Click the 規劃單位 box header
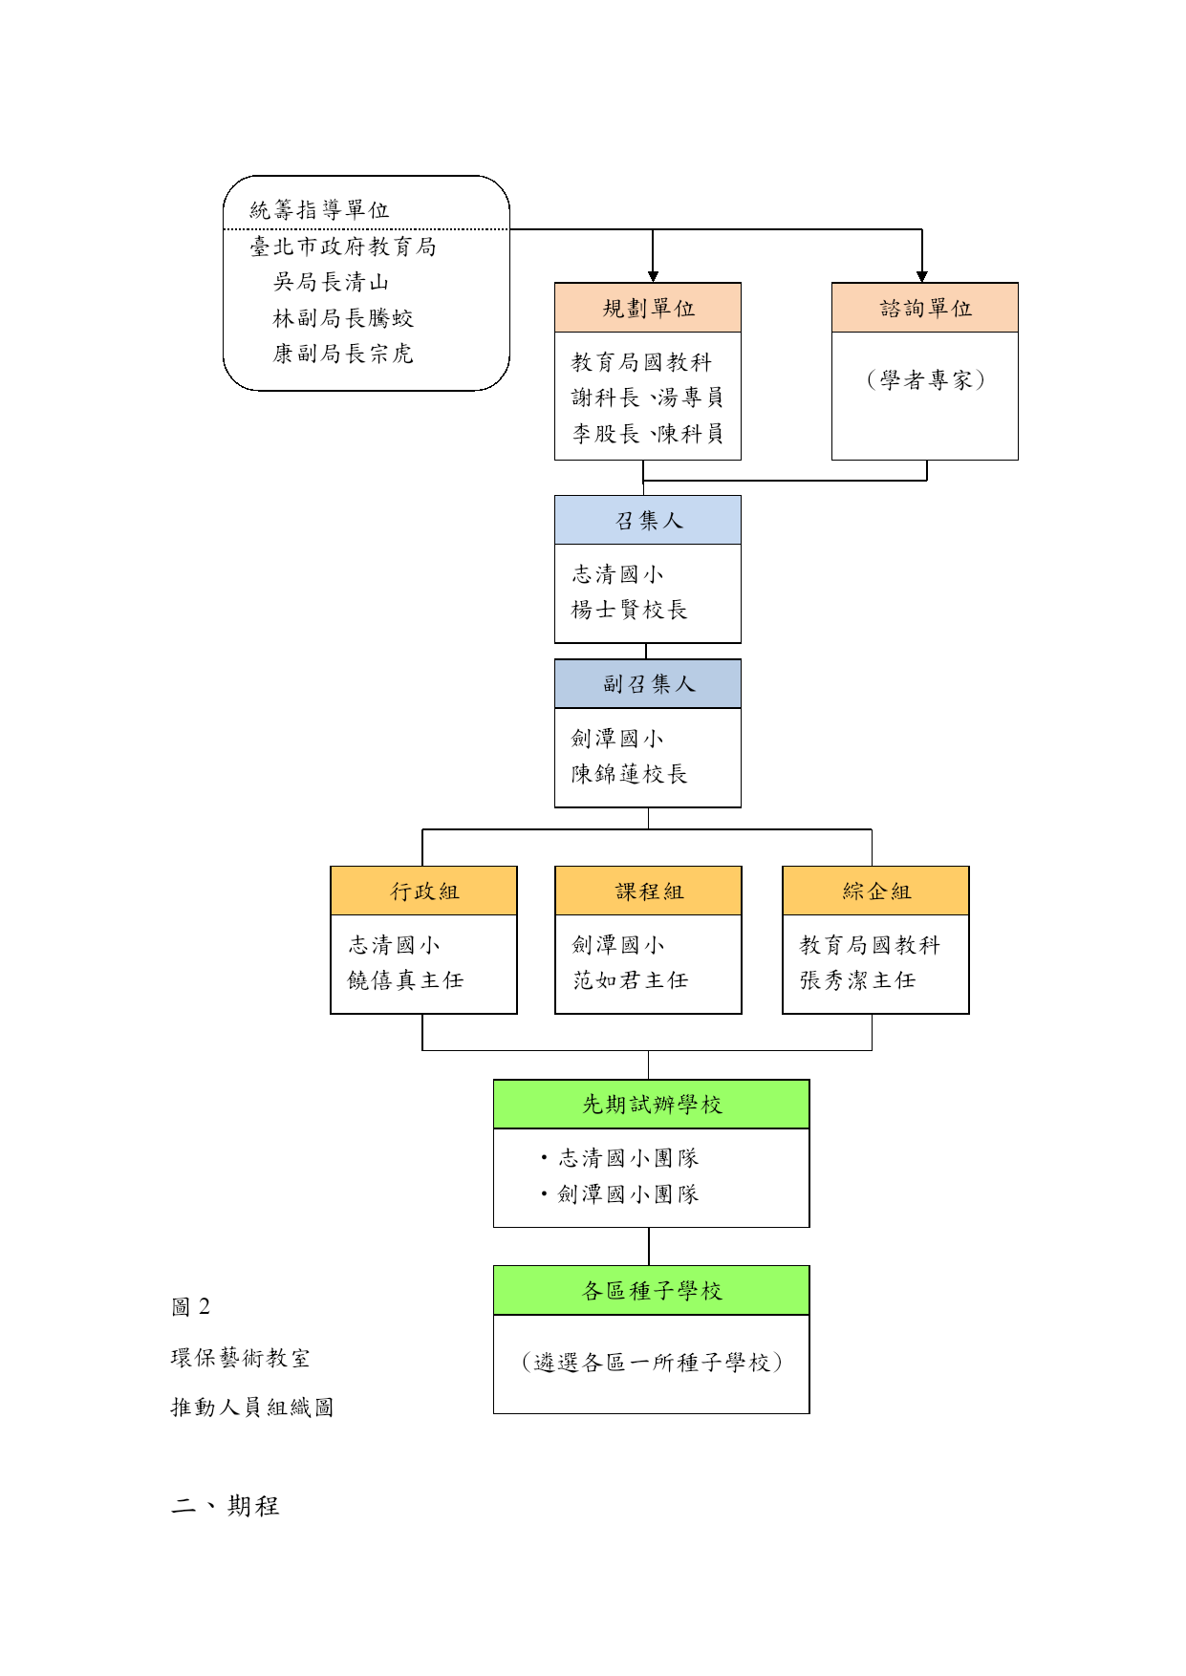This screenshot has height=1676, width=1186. coord(648,308)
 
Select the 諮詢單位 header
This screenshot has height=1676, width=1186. coord(925,308)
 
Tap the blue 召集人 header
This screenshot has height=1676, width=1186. coord(648,520)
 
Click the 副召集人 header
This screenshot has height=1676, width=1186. coord(648,684)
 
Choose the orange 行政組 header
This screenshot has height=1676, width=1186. coord(423,891)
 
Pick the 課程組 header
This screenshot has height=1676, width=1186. coord(648,891)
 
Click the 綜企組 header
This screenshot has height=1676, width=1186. coord(875,891)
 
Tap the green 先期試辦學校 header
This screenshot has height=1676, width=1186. coord(652,1105)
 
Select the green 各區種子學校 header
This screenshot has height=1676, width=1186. coord(652,1291)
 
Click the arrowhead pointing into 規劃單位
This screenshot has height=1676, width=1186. coord(653,276)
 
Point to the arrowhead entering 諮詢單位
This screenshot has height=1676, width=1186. coord(922,276)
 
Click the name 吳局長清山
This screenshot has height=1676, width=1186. coord(331,282)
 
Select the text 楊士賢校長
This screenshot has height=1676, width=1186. coord(629,610)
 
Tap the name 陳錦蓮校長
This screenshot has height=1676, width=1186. coord(629,774)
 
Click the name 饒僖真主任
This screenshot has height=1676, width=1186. coord(405,980)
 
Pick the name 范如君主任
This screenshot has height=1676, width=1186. coord(630,980)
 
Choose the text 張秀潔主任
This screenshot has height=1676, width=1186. coord(857,980)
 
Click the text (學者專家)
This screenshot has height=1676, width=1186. coord(925,380)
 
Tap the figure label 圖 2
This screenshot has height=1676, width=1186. coord(190,1307)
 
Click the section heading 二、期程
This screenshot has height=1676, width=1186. coord(226,1506)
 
